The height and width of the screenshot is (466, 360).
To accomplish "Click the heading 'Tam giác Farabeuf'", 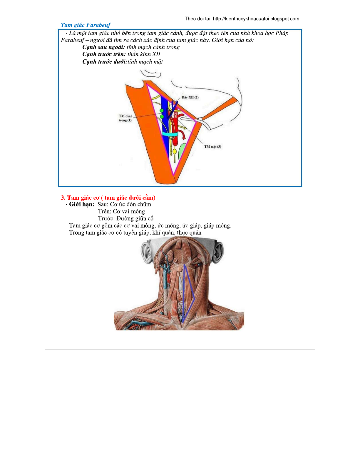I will (86, 25).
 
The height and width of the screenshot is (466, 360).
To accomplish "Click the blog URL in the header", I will (256, 19).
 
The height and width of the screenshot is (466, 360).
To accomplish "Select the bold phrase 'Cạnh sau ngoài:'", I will (103, 47).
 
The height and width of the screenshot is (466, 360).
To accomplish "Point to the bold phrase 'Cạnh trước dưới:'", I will (105, 62).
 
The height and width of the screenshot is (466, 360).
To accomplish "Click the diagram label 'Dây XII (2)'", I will (190, 97).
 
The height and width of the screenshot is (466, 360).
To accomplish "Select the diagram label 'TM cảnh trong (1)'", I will (125, 118).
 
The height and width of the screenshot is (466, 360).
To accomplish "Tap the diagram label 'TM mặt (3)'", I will (212, 147).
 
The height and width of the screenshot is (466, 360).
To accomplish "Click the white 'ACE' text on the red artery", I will (176, 115).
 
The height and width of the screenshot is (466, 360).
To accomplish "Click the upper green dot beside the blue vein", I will (161, 111).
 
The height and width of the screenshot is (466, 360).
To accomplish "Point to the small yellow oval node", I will (175, 152).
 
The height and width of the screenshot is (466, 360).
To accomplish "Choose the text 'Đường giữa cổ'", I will (135, 218).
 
